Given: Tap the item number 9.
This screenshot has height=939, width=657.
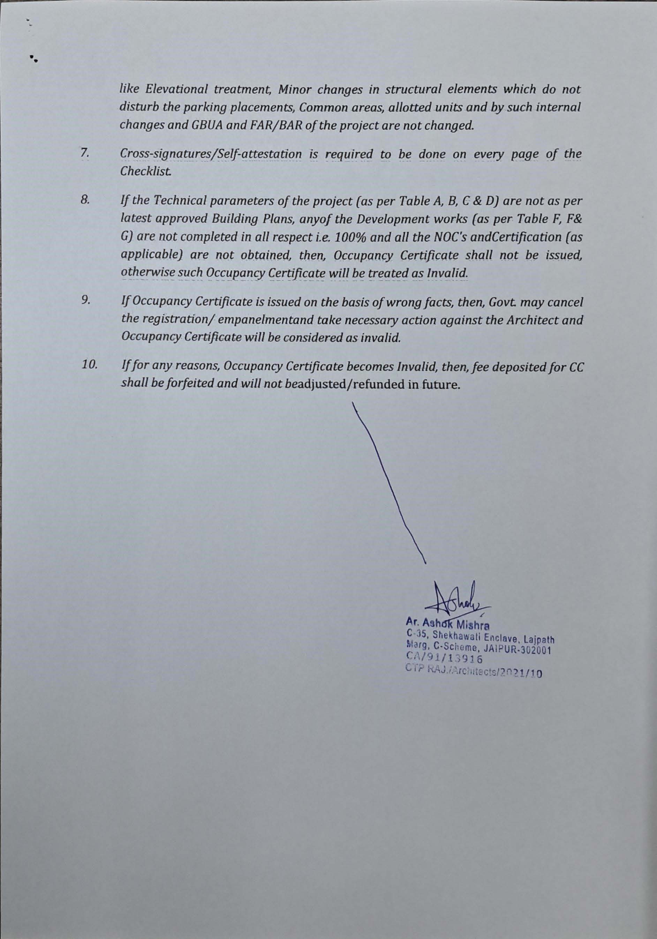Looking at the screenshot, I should [85, 301].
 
